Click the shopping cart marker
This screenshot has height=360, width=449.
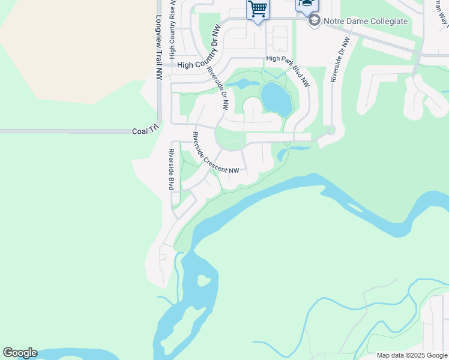click(x=258, y=10)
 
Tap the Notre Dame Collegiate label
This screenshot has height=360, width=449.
click(x=366, y=21)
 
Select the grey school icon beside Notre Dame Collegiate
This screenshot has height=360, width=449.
click(x=314, y=21)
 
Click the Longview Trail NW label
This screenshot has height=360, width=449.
click(x=159, y=47)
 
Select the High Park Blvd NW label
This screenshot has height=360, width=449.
click(x=289, y=71)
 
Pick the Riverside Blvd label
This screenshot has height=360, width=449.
click(x=171, y=169)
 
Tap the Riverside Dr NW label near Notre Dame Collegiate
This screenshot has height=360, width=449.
click(x=339, y=60)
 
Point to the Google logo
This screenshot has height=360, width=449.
click(x=20, y=353)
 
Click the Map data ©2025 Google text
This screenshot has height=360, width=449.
click(x=411, y=355)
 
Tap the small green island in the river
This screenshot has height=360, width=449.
click(x=204, y=280)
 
